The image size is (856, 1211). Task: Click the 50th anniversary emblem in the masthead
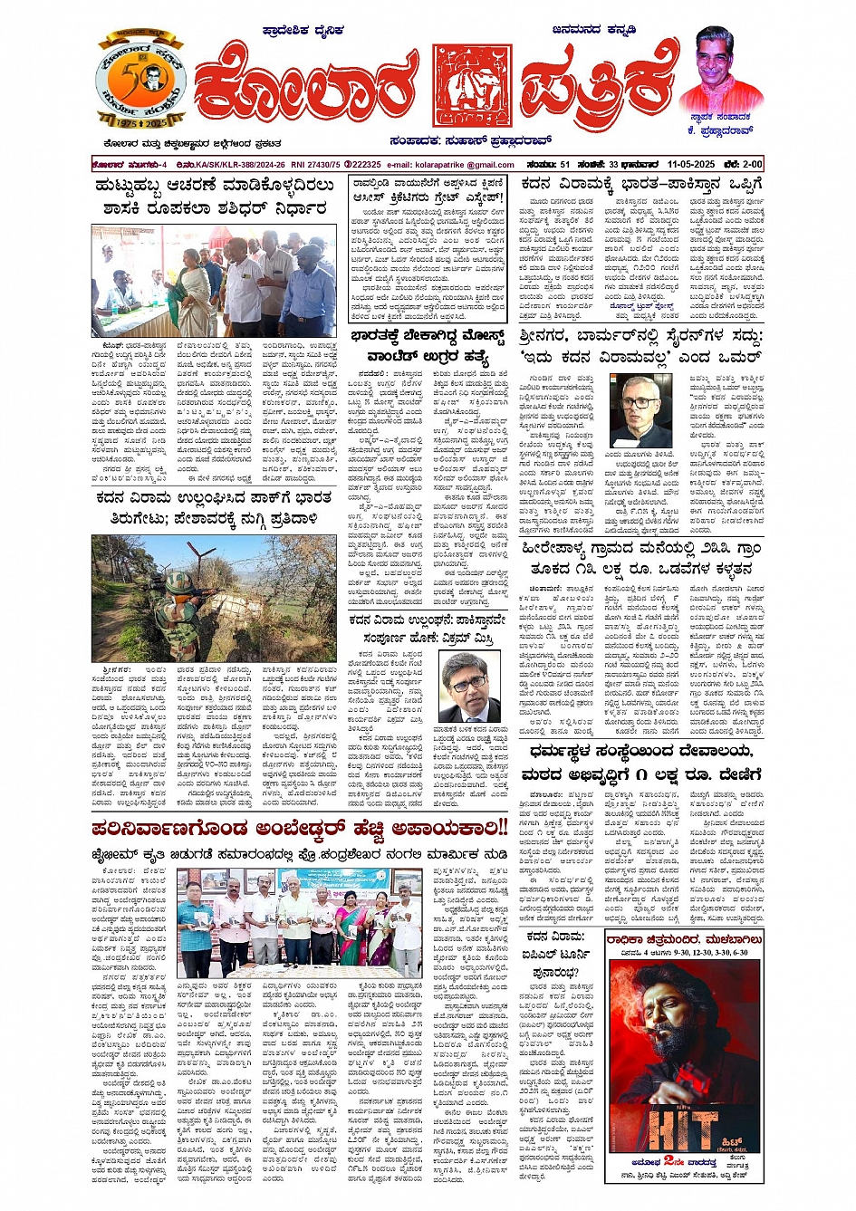point(140,82)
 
